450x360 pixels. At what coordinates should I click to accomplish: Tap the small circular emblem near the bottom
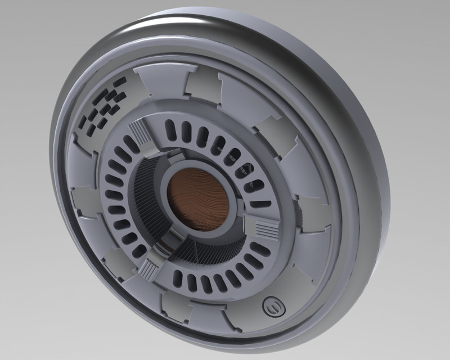click(x=273, y=307)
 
